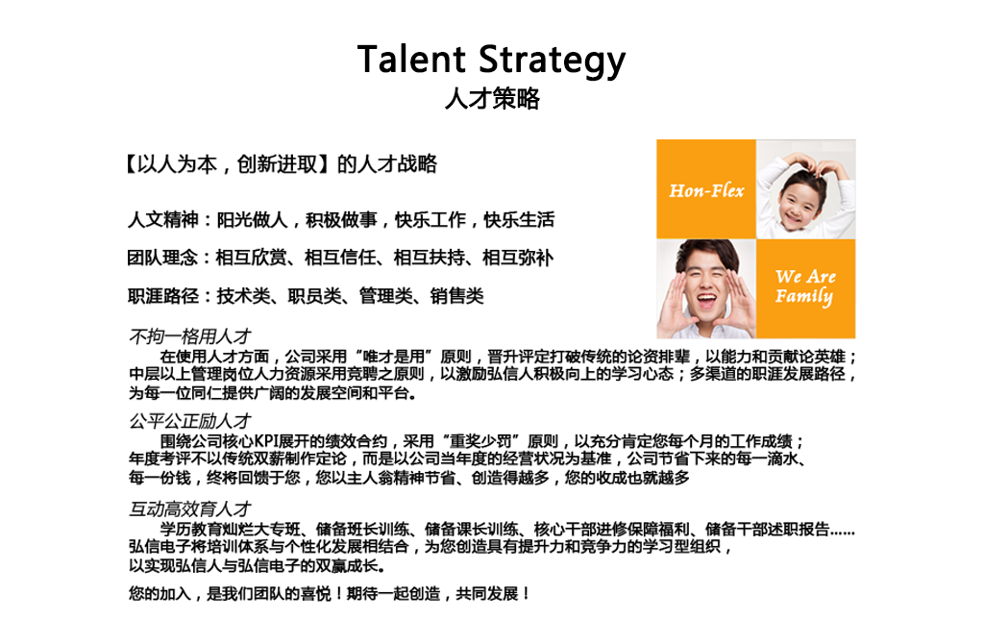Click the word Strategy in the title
click(x=553, y=62)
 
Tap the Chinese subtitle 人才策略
click(x=492, y=98)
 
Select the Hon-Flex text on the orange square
click(x=706, y=190)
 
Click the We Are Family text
click(x=805, y=286)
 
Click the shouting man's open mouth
click(x=706, y=301)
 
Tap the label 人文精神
click(x=162, y=219)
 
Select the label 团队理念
click(x=162, y=258)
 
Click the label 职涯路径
click(x=162, y=296)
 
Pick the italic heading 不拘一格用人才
click(x=190, y=337)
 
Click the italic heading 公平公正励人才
click(x=190, y=421)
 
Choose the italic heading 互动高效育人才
click(x=190, y=508)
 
